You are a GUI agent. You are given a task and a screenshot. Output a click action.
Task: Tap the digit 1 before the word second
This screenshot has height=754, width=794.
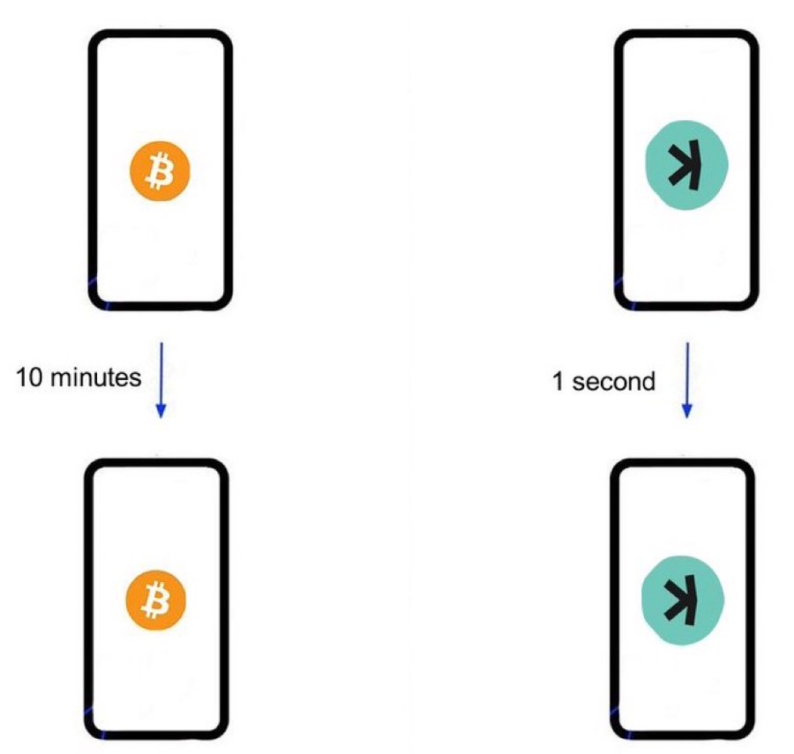tap(558, 382)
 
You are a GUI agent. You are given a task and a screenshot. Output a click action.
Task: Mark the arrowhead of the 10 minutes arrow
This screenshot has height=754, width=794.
tap(161, 412)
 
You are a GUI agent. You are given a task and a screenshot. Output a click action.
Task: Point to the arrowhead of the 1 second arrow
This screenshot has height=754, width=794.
tap(686, 412)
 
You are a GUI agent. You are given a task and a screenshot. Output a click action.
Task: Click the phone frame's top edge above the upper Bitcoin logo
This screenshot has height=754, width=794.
tap(161, 34)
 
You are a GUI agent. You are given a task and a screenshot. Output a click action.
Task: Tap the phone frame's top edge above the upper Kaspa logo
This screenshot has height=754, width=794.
tap(685, 34)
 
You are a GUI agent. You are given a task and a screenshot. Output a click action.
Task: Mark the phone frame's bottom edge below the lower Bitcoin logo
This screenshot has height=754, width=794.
tap(157, 735)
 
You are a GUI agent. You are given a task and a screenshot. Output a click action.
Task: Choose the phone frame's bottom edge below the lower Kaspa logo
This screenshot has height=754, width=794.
tap(684, 735)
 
